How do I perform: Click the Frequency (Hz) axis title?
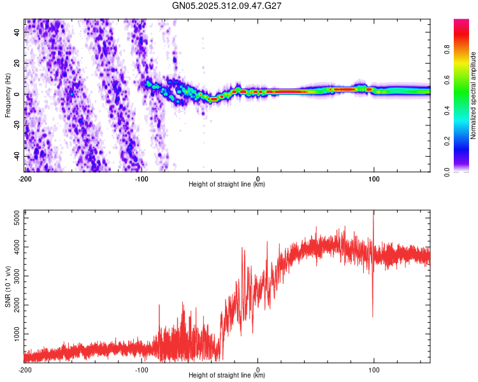point(8,95)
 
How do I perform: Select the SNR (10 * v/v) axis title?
point(8,286)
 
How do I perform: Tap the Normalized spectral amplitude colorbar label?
point(473,95)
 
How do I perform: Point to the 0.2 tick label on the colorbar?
point(447,141)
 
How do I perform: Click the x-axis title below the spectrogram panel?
point(227,185)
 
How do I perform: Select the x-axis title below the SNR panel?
point(227,376)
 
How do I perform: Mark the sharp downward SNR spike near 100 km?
point(373,315)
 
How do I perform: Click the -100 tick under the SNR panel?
point(141,370)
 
